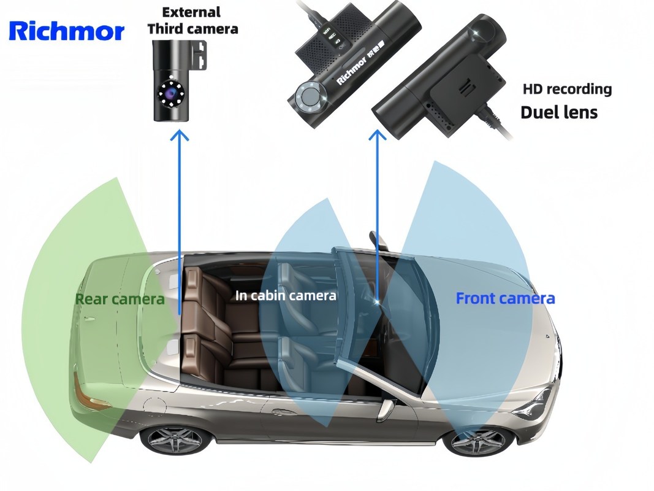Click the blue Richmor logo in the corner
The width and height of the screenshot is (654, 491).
coord(66,30)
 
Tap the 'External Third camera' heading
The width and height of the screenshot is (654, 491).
coord(192,20)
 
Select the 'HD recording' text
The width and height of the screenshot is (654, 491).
coord(566,89)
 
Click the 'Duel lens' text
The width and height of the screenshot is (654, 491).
coord(558,112)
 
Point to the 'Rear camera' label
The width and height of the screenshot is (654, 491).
coord(120,299)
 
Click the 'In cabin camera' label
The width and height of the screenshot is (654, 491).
coord(286,295)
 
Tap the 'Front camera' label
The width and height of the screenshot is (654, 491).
coord(505,298)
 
